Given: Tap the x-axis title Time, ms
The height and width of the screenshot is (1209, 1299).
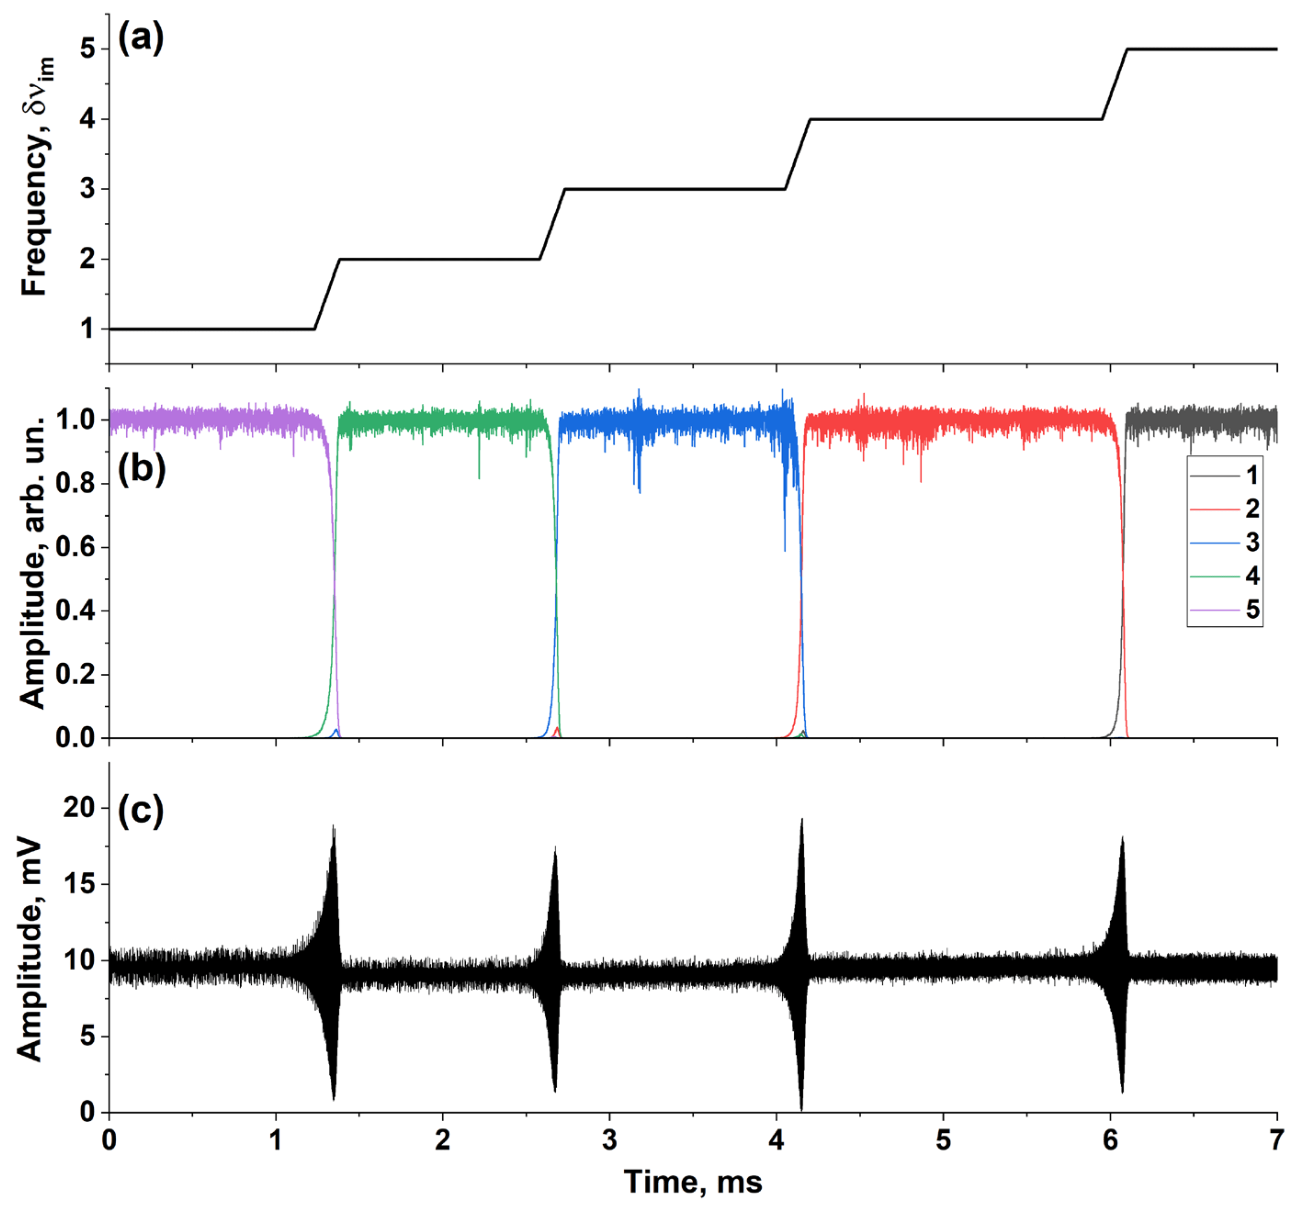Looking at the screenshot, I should pos(693,1181).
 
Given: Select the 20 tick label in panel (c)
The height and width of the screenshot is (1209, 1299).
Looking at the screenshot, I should pos(79,808).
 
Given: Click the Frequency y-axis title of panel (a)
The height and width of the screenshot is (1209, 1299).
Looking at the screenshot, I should pos(36,176).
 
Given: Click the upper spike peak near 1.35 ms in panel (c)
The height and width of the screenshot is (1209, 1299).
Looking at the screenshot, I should pos(334,827).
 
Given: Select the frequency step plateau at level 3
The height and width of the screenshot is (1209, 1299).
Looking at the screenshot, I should pos(673,190).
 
